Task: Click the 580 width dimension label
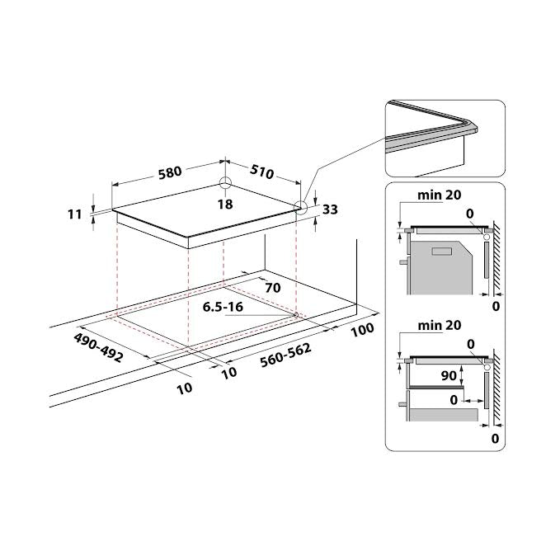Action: pos(170,173)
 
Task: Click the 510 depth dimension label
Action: pos(261,172)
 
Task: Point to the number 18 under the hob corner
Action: pos(225,205)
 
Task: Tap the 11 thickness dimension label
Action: pos(75,214)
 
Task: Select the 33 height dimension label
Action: pos(330,209)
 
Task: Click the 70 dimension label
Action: pos(273,288)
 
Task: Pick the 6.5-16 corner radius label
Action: pos(223,307)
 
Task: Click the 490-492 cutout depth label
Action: pos(99,347)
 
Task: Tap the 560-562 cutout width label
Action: pos(285,355)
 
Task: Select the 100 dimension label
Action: pos(363,330)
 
